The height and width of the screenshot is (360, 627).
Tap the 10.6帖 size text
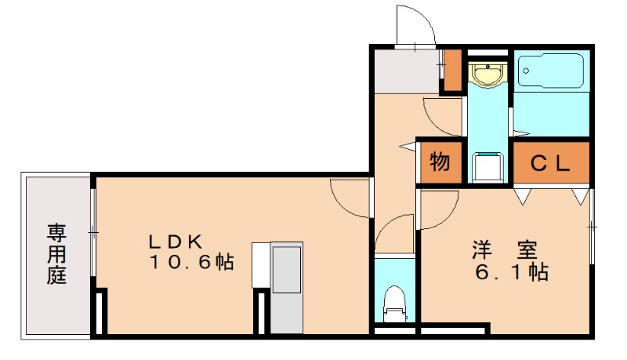coord(192,263)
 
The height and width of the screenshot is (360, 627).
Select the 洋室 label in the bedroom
coord(504,251)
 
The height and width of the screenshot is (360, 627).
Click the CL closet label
coord(550,163)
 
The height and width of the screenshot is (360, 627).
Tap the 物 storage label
coord(440,163)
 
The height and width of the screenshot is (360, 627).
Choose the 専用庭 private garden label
coord(56,253)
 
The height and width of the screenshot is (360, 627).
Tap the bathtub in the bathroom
coord(552,72)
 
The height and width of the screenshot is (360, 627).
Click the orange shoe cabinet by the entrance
coord(452,71)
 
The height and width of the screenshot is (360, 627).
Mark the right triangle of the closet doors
coord(579,195)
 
